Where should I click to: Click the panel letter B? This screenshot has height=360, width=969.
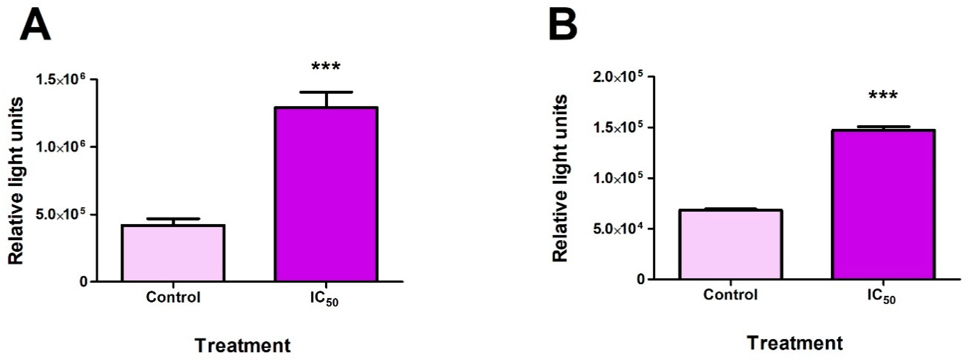(563, 23)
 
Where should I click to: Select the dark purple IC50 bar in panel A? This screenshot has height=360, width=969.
(326, 194)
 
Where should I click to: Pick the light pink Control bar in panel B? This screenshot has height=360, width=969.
(730, 245)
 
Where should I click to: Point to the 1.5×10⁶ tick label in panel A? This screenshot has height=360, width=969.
(60, 80)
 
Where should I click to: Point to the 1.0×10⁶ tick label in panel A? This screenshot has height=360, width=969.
(60, 147)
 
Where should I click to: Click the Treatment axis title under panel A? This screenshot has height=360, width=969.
(243, 345)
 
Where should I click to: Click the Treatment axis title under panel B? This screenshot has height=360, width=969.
(794, 343)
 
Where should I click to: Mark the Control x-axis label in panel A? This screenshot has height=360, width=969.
(173, 297)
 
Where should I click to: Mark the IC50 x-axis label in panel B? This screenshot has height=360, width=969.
(881, 297)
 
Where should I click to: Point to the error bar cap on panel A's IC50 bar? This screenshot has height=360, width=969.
(327, 92)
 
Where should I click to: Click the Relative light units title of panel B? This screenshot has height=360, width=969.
(560, 178)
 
